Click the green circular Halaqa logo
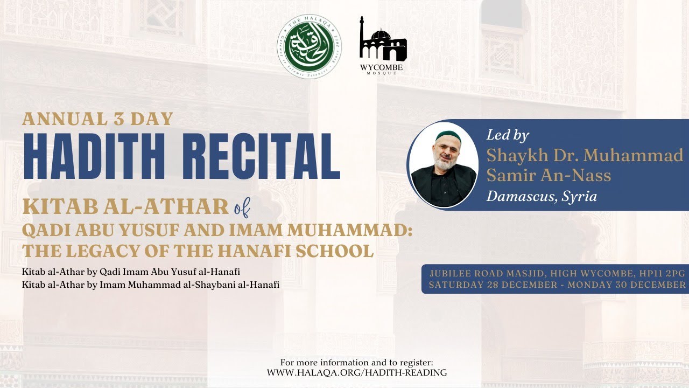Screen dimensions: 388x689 click(309, 47)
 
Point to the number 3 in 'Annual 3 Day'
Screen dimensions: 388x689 click(121, 119)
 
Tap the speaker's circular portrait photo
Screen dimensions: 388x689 click(443, 165)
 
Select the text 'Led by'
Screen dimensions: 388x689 click(508, 135)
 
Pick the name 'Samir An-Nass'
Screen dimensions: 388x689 click(549, 175)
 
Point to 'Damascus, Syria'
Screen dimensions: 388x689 click(542, 196)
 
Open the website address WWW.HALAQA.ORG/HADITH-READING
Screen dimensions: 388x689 click(357, 372)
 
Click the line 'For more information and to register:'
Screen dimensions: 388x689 click(357, 362)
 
